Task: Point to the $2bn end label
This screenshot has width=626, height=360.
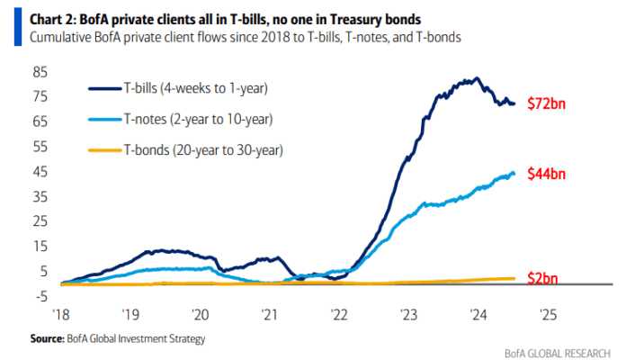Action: pos(542,278)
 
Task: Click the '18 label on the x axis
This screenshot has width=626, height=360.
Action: pos(61,315)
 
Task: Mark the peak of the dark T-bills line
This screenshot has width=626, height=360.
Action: pos(476,79)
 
